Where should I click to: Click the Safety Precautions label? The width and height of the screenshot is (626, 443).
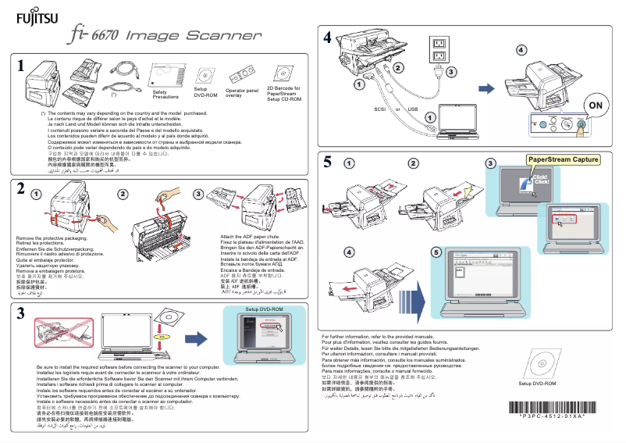(x=165, y=95)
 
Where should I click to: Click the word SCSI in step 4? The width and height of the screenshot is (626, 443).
(x=382, y=109)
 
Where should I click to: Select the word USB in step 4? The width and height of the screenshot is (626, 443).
(x=413, y=109)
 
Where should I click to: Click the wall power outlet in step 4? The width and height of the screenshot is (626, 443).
(x=439, y=50)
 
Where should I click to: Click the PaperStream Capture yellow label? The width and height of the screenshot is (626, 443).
(x=564, y=159)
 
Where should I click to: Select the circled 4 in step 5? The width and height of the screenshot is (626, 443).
(x=349, y=252)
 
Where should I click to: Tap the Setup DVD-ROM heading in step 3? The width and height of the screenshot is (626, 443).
(x=262, y=310)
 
